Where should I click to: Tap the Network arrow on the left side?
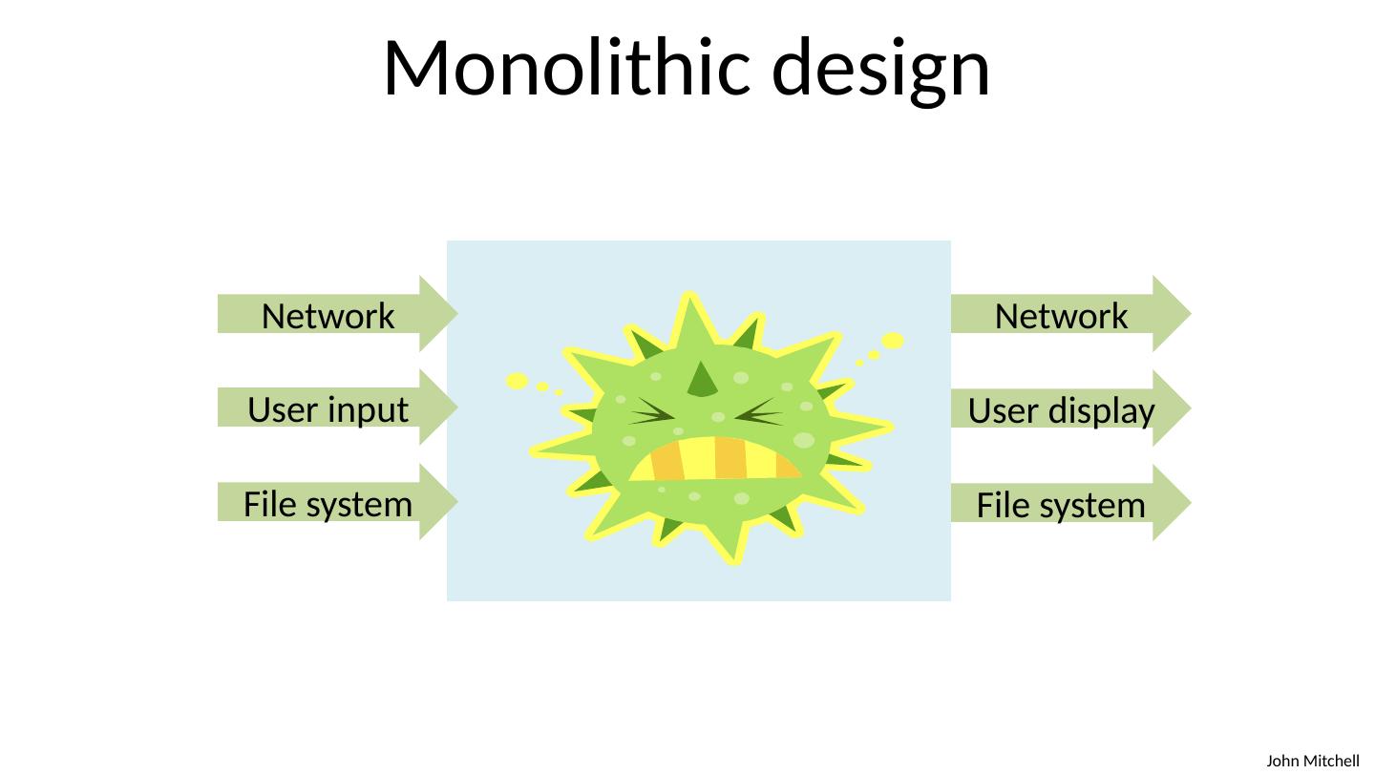pyautogui.click(x=328, y=315)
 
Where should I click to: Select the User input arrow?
pyautogui.click(x=328, y=408)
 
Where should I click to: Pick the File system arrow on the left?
pyautogui.click(x=328, y=503)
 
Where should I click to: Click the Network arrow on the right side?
pyautogui.click(x=1062, y=315)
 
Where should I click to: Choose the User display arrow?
pyautogui.click(x=1062, y=409)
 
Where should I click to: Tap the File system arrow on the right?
pyautogui.click(x=1062, y=504)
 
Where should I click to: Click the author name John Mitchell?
pyautogui.click(x=1312, y=761)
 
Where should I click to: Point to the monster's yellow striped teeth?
pyautogui.click(x=714, y=459)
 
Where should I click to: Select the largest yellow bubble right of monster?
pyautogui.click(x=893, y=341)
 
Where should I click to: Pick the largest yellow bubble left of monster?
pyautogui.click(x=517, y=381)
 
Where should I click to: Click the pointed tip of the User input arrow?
pyautogui.click(x=455, y=408)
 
